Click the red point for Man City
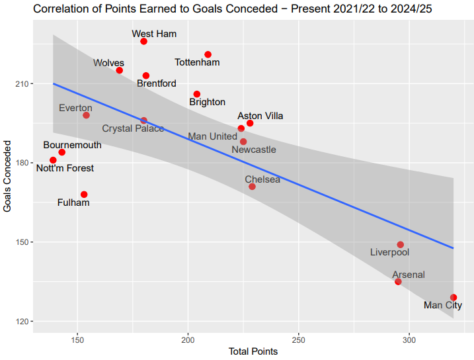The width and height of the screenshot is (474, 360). click(x=454, y=298)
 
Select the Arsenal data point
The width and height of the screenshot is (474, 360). click(x=398, y=282)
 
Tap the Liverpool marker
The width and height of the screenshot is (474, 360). click(x=401, y=245)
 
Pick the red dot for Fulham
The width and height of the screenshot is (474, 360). click(x=84, y=195)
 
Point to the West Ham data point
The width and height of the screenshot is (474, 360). click(x=144, y=42)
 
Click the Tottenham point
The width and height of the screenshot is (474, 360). click(x=208, y=54)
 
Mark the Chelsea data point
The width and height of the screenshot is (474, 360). click(x=252, y=187)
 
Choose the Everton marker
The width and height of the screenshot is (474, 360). click(x=86, y=115)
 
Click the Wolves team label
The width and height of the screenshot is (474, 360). click(x=108, y=63)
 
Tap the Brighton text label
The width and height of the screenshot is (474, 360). click(x=207, y=102)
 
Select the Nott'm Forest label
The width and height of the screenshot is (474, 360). click(x=65, y=168)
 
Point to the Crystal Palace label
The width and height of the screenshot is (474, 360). click(x=133, y=128)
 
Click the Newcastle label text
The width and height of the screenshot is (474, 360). click(x=254, y=150)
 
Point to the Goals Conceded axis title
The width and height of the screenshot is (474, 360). click(x=7, y=175)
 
